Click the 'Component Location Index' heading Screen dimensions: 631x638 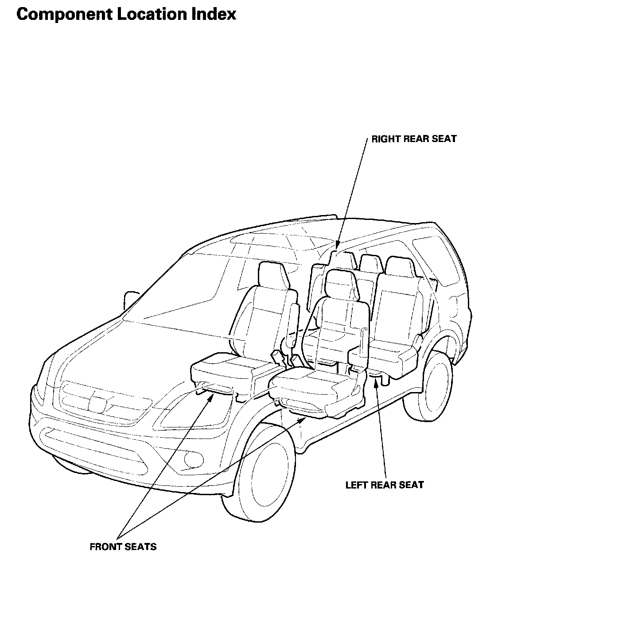click(x=126, y=15)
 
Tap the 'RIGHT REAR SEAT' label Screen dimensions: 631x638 click(x=414, y=139)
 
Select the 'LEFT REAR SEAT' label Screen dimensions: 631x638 click(x=385, y=485)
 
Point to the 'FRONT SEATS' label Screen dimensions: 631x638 click(x=123, y=547)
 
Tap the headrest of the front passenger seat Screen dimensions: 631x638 click(x=273, y=275)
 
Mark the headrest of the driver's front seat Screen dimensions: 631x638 click(x=342, y=283)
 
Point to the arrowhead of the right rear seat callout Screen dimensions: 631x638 click(x=337, y=246)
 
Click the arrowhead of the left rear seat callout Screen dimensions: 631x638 click(x=376, y=382)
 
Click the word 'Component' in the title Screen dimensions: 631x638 click(x=64, y=15)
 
